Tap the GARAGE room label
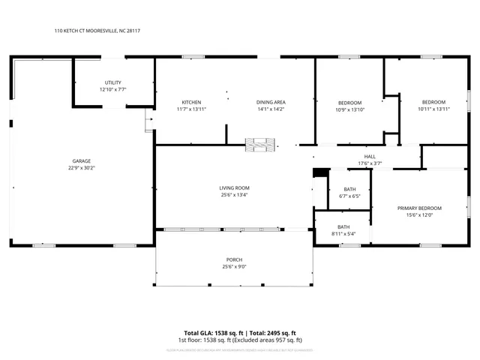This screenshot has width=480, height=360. [x=82, y=160]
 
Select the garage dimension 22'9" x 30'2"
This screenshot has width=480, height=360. [x=82, y=168]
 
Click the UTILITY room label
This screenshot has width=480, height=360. [x=113, y=82]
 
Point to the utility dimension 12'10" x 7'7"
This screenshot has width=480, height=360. [x=113, y=89]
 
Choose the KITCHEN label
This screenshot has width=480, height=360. [x=191, y=102]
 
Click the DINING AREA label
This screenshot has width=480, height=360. [x=271, y=102]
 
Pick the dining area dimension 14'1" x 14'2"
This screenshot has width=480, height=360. [x=271, y=109]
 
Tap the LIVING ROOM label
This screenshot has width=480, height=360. [x=234, y=187]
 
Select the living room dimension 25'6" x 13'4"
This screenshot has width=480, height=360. [x=234, y=195]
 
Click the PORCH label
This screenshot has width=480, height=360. [x=234, y=259]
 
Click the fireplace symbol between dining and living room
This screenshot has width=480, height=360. [x=265, y=143]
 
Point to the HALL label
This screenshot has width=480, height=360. [x=370, y=156]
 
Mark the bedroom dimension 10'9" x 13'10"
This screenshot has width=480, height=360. [x=349, y=109]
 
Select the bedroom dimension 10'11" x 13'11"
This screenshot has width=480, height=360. [x=433, y=109]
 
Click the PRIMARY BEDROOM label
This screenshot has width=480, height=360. [x=419, y=208]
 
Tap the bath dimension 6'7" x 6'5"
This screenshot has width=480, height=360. [x=349, y=196]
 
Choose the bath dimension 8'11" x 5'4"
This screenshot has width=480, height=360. [x=343, y=233]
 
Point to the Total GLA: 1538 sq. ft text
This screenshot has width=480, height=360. [x=209, y=333]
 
